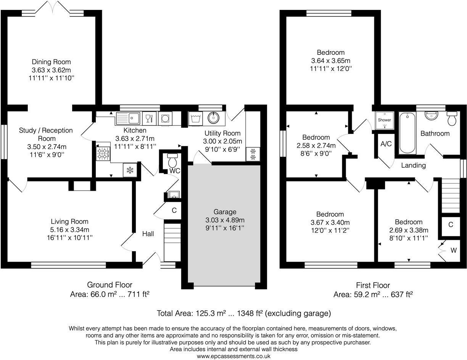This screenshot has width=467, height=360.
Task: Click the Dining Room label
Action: click(51, 62)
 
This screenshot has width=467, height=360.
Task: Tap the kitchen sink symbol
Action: click(128, 118)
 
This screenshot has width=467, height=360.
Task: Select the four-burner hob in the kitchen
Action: click(103, 154)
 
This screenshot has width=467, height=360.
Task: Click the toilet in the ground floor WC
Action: click(172, 160)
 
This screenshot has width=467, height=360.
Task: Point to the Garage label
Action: click(225, 212)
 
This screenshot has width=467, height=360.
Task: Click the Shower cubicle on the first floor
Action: click(385, 120)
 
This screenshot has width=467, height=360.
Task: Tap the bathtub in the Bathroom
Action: click(407, 133)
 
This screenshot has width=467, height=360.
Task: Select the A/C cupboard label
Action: click(386, 144)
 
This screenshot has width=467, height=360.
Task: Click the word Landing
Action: click(414, 166)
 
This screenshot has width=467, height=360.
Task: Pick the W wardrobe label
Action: click(454, 250)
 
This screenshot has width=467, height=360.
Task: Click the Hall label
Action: click(148, 234)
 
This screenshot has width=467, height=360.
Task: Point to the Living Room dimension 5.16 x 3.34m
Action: click(70, 230)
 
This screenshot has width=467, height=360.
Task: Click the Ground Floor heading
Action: click(110, 285)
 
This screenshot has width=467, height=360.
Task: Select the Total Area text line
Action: click(244, 313)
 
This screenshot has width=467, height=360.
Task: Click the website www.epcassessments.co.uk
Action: click(233, 356)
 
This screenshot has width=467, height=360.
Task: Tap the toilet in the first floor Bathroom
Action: click(452, 118)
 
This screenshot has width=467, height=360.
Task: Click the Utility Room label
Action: click(222, 133)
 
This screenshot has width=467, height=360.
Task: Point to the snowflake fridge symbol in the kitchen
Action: click(130, 170)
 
